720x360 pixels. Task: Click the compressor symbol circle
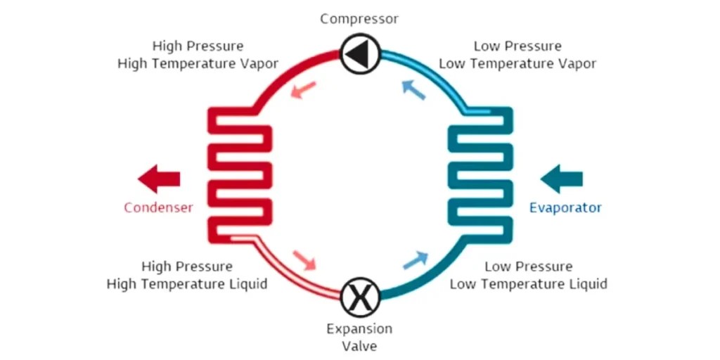click(360, 53)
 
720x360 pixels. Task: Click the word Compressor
click(359, 19)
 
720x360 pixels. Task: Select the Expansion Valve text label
click(359, 337)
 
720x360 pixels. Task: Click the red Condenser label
click(158, 207)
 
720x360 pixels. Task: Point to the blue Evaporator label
click(565, 207)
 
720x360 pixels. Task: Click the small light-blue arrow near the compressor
click(413, 89)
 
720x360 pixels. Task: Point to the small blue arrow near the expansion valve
click(416, 260)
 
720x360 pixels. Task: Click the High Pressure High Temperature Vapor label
click(198, 55)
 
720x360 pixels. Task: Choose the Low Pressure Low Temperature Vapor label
click(517, 55)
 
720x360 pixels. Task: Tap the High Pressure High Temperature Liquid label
click(187, 276)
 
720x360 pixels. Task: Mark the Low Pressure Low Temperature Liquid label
click(528, 276)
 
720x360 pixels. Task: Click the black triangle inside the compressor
click(359, 53)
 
